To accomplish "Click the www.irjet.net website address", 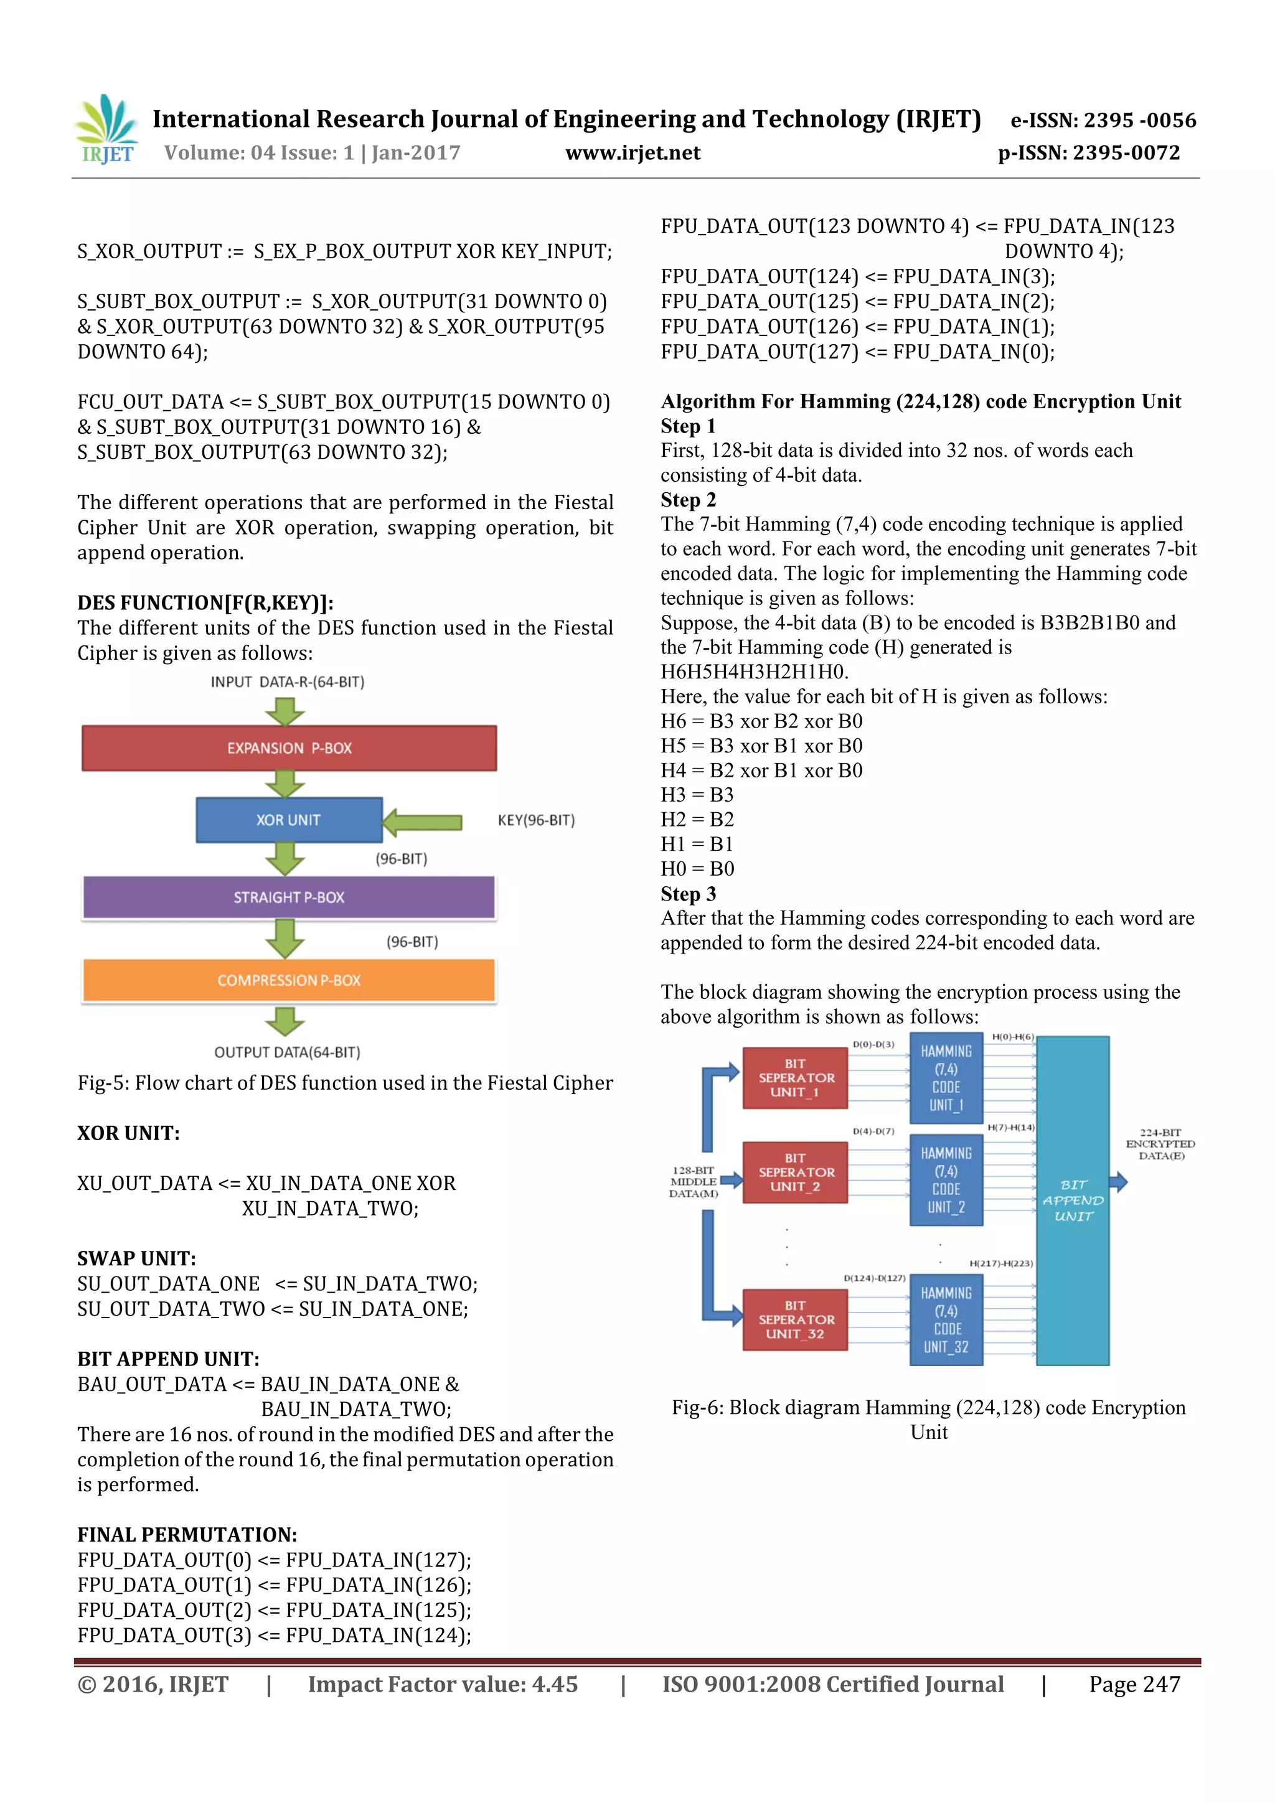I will point(633,153).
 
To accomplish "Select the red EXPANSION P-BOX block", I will point(289,748).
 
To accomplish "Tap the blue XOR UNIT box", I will point(288,820).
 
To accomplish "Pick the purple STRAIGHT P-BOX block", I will point(289,897).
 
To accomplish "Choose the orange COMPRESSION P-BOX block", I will point(289,981).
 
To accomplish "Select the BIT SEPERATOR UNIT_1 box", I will point(795,1078).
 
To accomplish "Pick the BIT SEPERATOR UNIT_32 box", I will point(795,1320).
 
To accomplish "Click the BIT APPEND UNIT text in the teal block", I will point(1073,1200).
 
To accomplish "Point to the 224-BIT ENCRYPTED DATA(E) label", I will point(1160,1144).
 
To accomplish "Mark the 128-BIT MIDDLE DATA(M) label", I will point(693,1182).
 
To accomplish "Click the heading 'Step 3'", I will point(688,894).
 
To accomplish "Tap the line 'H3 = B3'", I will point(697,795).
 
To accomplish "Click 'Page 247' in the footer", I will point(1134,1684).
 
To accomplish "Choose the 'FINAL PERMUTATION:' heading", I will point(187,1534).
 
